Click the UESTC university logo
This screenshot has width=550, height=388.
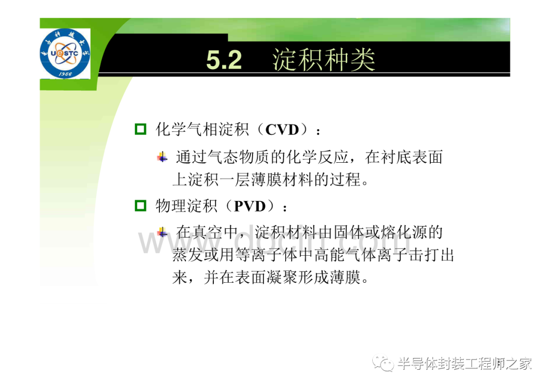pyautogui.click(x=65, y=53)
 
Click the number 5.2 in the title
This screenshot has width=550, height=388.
pyautogui.click(x=224, y=60)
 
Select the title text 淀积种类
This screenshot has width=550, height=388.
pyautogui.click(x=324, y=60)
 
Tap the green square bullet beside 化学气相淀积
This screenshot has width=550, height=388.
pyautogui.click(x=141, y=129)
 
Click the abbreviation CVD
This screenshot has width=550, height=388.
pyautogui.click(x=282, y=130)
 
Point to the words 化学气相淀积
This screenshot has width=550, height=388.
pyautogui.click(x=202, y=130)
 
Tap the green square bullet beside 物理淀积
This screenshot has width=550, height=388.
pyautogui.click(x=141, y=205)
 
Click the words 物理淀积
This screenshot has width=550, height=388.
pyautogui.click(x=186, y=206)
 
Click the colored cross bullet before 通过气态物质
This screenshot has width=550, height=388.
pyautogui.click(x=162, y=157)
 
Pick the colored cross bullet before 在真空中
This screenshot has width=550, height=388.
pyautogui.click(x=162, y=232)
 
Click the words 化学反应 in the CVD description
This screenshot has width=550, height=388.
pyautogui.click(x=317, y=157)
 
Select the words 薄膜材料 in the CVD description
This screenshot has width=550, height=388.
pyautogui.click(x=282, y=180)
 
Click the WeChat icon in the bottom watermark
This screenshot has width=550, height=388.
pyautogui.click(x=382, y=364)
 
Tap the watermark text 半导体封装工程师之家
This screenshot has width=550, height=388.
pyautogui.click(x=464, y=364)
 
